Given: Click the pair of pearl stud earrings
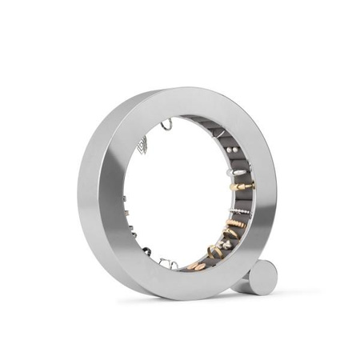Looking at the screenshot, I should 230,150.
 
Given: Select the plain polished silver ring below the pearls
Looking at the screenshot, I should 237,170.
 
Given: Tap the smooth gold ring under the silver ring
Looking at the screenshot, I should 241,186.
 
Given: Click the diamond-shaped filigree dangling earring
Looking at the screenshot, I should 142,144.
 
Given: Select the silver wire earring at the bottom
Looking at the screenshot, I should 167,262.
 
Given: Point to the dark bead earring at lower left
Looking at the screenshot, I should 146,250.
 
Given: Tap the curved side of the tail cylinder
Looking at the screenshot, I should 246,285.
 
